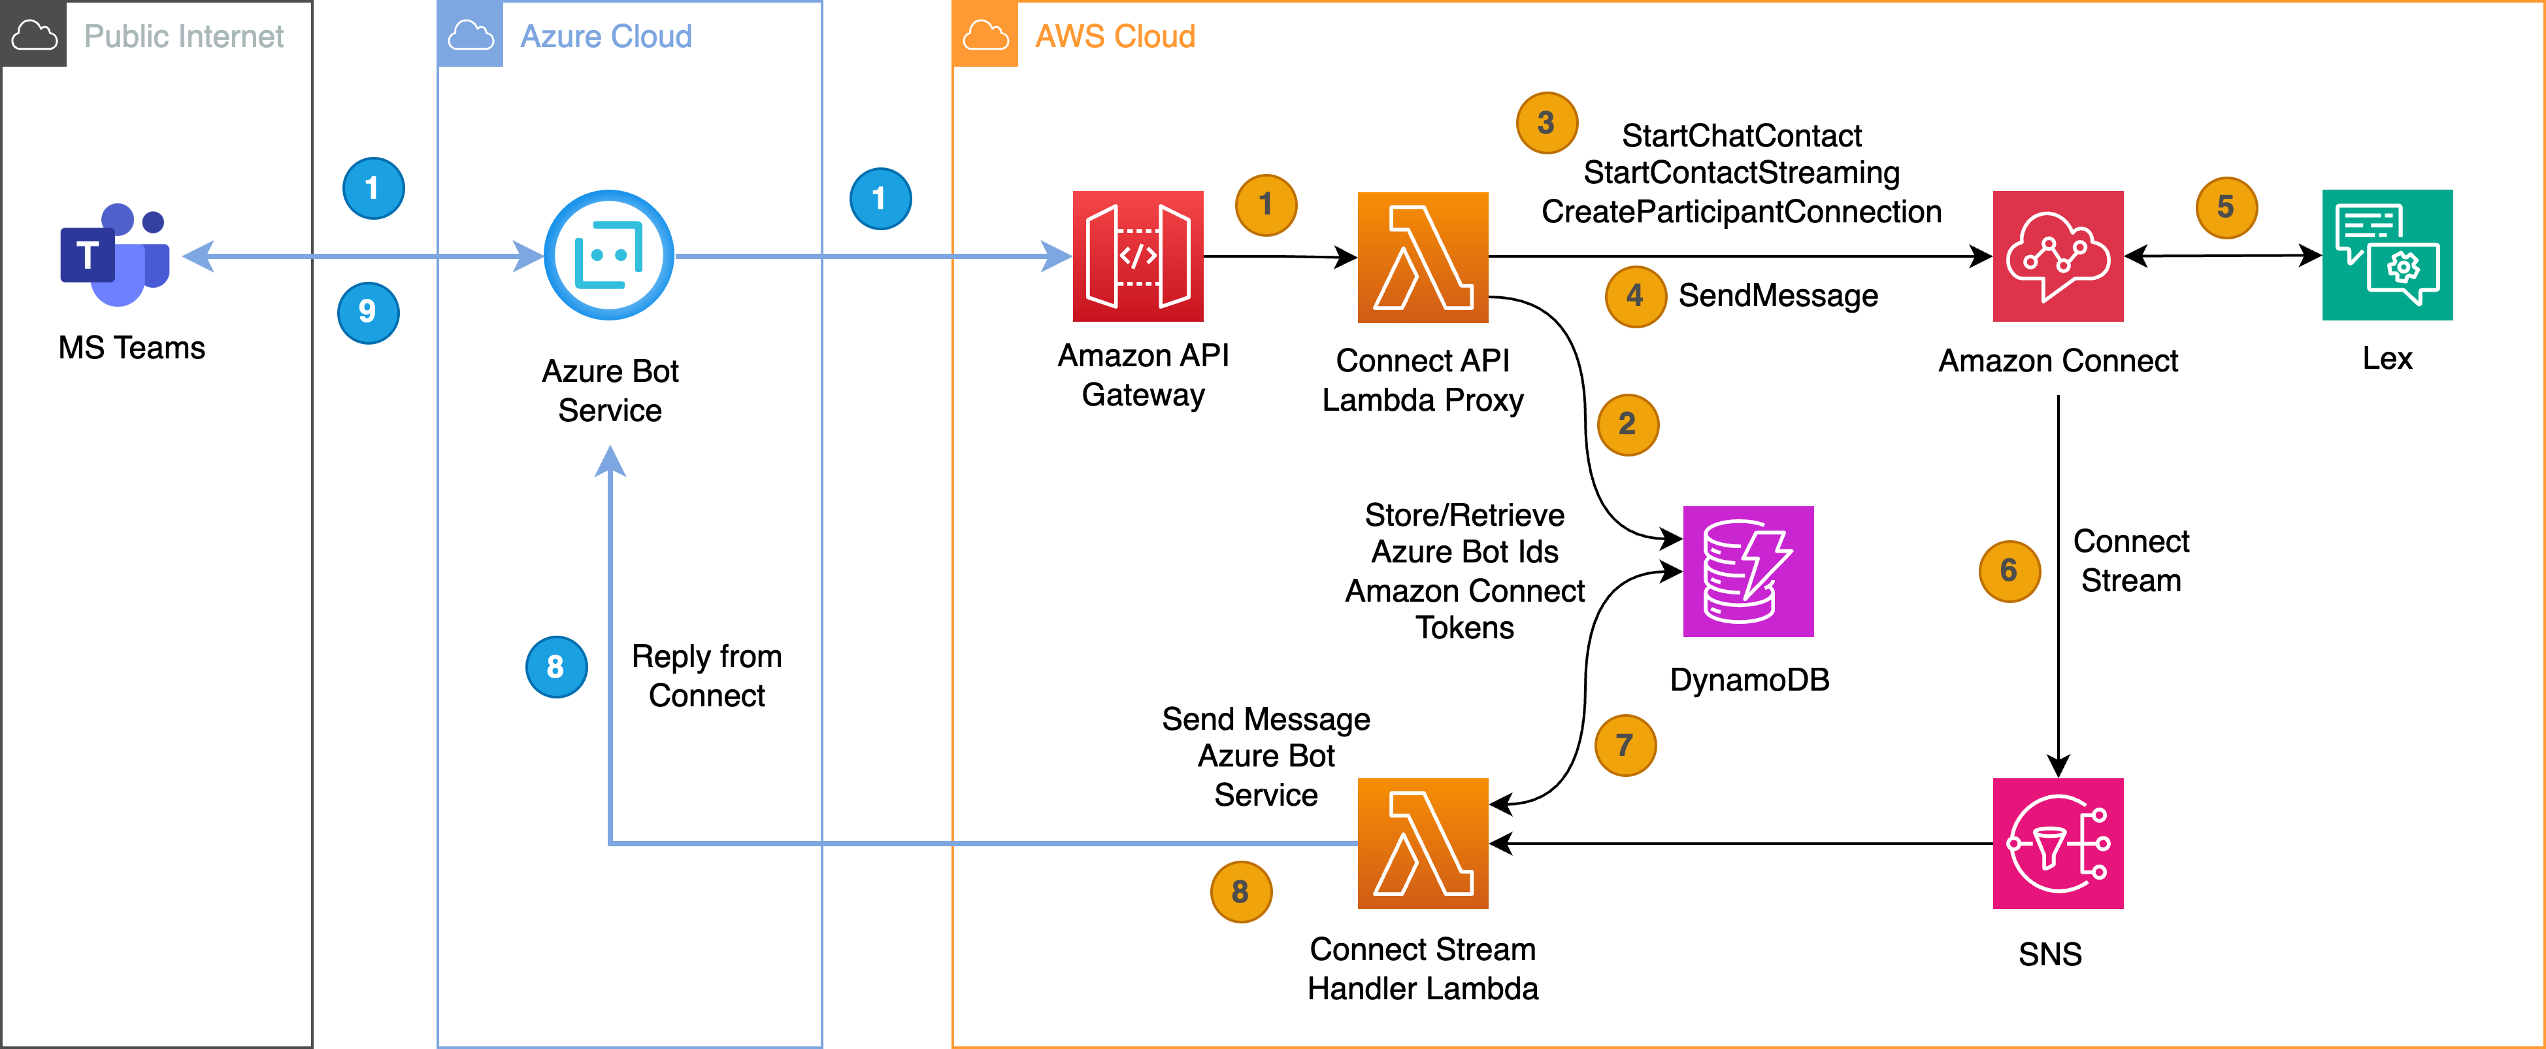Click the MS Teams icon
tap(114, 255)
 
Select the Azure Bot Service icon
tap(609, 255)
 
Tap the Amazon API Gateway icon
tap(1138, 256)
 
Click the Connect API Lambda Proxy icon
tap(1422, 257)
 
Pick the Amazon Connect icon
tap(2058, 256)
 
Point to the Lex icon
tap(2387, 255)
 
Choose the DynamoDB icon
tap(1747, 572)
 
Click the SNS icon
tap(2058, 844)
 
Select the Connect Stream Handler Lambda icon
tap(1422, 844)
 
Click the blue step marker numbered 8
tap(555, 667)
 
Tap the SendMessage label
tap(1778, 296)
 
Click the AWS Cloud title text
tap(1115, 37)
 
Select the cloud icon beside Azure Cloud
tap(471, 35)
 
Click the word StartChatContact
tap(1742, 135)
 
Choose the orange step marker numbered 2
tap(1627, 425)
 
